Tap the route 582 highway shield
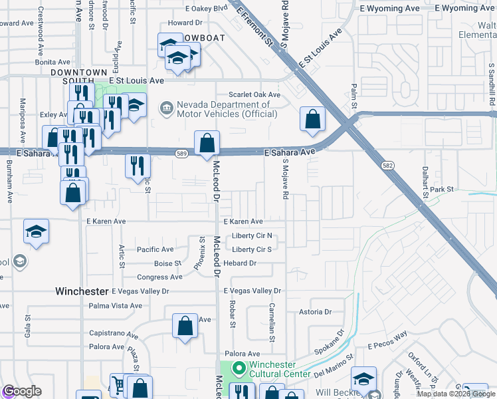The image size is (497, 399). coord(387,165)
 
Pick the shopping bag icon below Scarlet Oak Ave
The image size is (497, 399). coord(312,120)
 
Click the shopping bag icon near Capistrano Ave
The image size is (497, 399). coord(185,326)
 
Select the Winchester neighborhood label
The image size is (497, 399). coord(82,291)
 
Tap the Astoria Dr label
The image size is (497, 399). coord(315,311)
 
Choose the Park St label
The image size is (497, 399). coord(441,190)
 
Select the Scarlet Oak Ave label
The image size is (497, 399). coord(255,94)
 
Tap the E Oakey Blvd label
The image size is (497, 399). coord(206,9)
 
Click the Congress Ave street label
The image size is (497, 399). coord(159,277)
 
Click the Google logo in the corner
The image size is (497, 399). coord(22,391)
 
